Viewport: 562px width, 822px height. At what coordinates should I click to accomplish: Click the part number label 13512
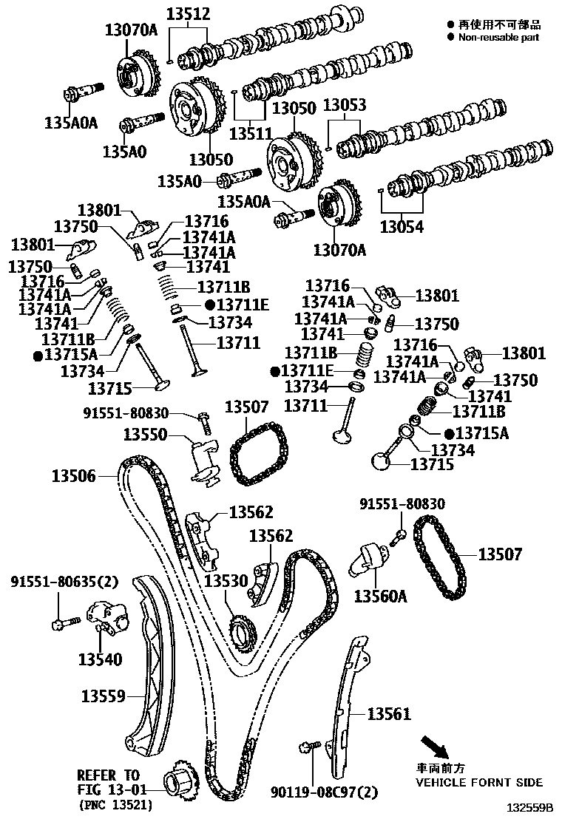pyautogui.click(x=187, y=13)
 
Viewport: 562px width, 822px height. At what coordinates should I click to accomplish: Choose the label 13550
pyautogui.click(x=146, y=434)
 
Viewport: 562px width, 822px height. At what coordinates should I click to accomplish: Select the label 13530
pyautogui.click(x=226, y=581)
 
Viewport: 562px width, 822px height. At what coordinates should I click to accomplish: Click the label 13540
pyautogui.click(x=101, y=658)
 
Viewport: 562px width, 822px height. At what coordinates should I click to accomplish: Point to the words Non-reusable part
pyautogui.click(x=499, y=37)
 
